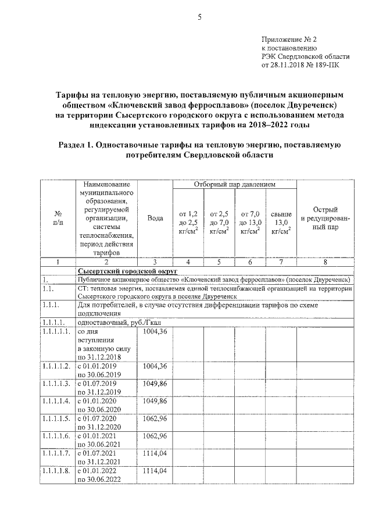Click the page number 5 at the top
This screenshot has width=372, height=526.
(x=199, y=17)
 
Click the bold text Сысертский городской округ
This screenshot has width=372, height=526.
(x=119, y=271)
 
